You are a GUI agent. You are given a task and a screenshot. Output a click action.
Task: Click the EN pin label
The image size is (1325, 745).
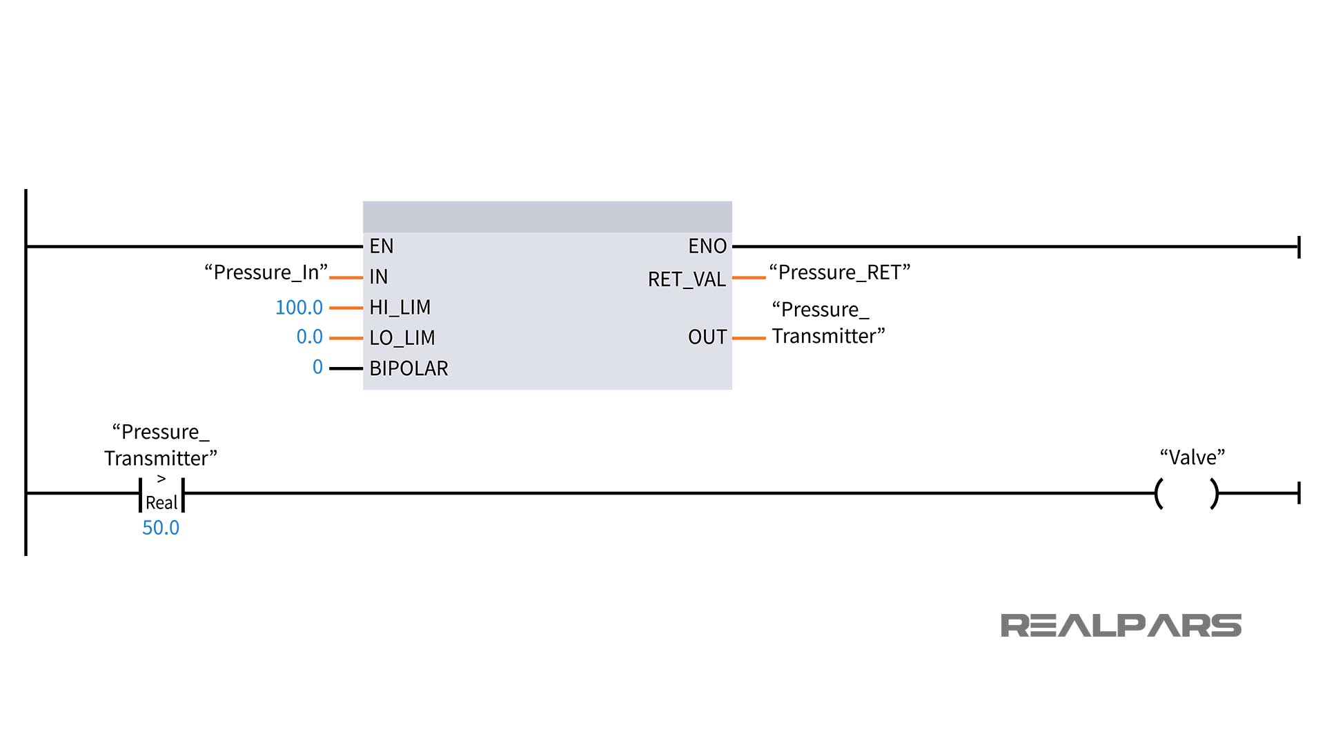[x=381, y=246]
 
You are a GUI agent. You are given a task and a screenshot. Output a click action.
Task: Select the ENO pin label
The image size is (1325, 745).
[x=707, y=246]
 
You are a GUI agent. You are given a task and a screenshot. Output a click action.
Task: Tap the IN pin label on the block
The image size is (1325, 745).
[x=378, y=277]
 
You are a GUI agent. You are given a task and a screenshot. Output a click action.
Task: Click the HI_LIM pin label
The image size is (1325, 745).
[x=400, y=307]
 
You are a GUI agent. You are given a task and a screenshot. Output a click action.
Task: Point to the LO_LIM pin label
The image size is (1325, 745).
[x=402, y=338]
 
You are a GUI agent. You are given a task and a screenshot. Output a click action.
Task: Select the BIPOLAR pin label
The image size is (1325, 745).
[x=409, y=368]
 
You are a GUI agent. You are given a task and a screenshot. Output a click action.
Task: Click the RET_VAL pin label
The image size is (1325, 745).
[x=686, y=279]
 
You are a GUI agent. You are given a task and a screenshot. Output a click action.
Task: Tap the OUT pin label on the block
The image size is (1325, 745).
[x=707, y=337]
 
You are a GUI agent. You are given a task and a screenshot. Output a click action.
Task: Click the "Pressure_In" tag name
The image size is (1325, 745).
[x=266, y=272]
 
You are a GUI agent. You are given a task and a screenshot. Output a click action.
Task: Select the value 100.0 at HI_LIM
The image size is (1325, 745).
[x=299, y=308]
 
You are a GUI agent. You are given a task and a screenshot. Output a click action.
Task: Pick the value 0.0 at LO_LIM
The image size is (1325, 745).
[x=309, y=337]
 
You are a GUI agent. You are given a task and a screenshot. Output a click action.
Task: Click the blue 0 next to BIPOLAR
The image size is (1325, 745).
[x=317, y=367]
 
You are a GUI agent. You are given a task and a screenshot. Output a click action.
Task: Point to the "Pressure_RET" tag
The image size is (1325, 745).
[x=839, y=272]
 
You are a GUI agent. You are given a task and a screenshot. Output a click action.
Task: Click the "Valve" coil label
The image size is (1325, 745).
[x=1192, y=457]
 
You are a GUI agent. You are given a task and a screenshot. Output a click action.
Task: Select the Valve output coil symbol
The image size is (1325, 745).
[x=1186, y=494]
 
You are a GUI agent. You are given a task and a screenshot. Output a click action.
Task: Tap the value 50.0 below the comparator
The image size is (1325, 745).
[x=161, y=528]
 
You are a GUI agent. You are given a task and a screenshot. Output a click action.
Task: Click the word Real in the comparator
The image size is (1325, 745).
[x=161, y=503]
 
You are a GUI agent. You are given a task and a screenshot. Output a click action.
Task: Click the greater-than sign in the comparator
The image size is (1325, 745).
[x=161, y=479]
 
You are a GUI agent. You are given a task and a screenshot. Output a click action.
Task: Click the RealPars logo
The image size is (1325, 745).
[x=1120, y=626]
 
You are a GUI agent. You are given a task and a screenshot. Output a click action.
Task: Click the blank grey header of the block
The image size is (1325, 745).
[x=547, y=217]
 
